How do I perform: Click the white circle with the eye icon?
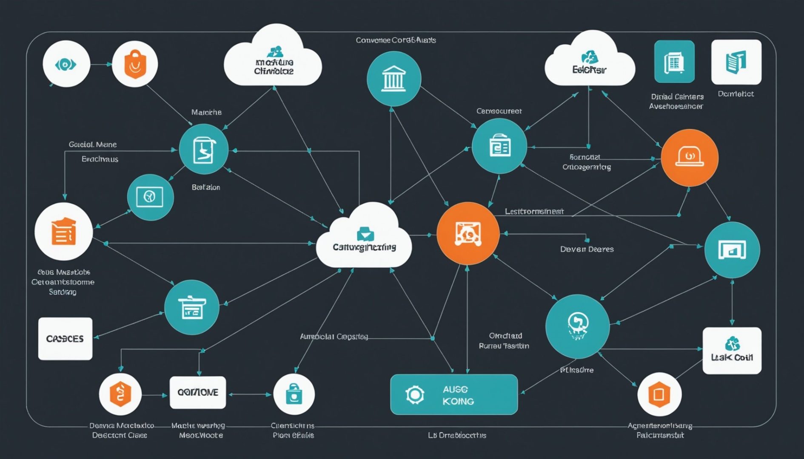66,64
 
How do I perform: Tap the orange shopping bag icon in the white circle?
134,64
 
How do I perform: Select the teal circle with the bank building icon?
393,79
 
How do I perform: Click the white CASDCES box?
65,339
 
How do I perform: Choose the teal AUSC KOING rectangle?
453,394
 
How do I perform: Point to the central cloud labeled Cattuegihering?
364,240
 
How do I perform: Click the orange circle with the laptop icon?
689,158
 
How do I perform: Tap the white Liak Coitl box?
732,351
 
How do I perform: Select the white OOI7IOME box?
197,392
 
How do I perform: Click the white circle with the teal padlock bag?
294,394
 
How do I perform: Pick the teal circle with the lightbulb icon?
577,326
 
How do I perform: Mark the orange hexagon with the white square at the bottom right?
659,394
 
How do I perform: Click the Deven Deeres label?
587,249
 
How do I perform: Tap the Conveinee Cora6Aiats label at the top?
396,40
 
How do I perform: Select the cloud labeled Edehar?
589,64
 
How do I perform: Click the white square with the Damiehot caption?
736,62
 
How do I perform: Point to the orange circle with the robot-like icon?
468,233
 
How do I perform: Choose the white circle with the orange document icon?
63,232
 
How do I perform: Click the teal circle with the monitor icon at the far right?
732,249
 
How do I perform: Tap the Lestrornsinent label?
534,211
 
